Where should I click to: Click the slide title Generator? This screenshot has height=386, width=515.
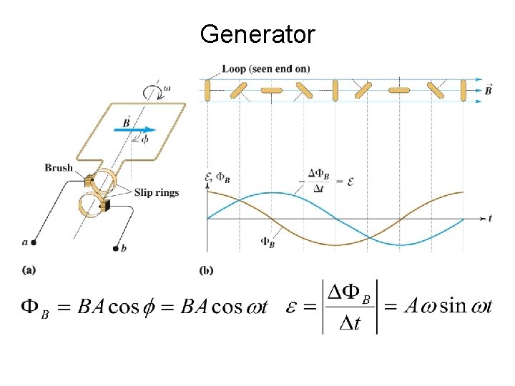pyautogui.click(x=257, y=34)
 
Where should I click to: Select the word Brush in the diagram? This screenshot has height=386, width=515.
pyautogui.click(x=59, y=167)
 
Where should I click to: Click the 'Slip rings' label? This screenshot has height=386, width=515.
pyautogui.click(x=156, y=192)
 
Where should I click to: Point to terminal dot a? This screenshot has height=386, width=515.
pyautogui.click(x=33, y=243)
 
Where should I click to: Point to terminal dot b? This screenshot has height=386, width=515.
pyautogui.click(x=116, y=248)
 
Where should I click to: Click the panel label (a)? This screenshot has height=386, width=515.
pyautogui.click(x=29, y=269)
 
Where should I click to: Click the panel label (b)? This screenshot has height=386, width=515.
pyautogui.click(x=206, y=269)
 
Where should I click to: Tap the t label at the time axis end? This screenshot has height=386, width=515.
pyautogui.click(x=489, y=217)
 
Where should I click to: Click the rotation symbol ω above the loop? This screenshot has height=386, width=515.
pyautogui.click(x=167, y=89)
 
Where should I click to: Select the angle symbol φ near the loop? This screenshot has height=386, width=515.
pyautogui.click(x=145, y=140)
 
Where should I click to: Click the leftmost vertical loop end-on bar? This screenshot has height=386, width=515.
pyautogui.click(x=207, y=91)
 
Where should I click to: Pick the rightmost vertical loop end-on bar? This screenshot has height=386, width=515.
pyautogui.click(x=463, y=91)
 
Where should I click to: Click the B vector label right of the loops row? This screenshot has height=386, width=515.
pyautogui.click(x=488, y=90)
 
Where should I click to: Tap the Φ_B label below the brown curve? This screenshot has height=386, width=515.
pyautogui.click(x=267, y=242)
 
